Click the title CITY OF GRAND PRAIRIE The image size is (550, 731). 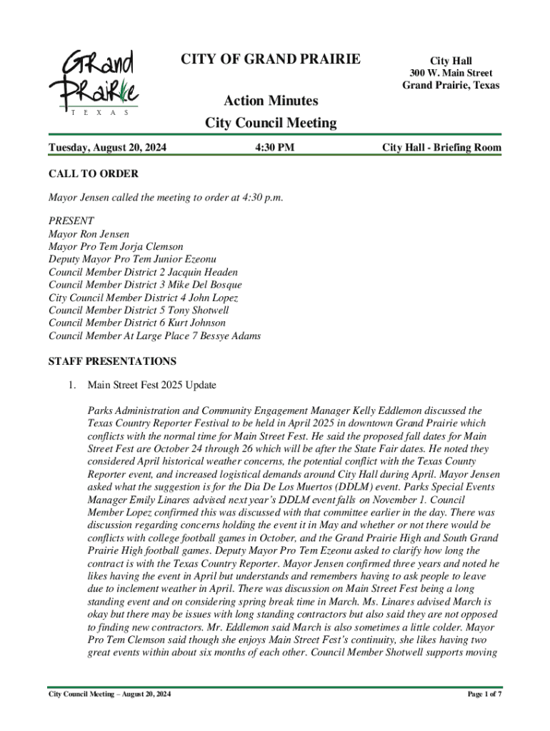(271, 59)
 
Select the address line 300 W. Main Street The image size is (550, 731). (450, 74)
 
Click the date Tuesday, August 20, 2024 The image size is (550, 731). (107, 148)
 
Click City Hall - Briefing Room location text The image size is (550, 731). (441, 148)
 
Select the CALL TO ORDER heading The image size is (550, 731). (93, 174)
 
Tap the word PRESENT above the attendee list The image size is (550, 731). (71, 221)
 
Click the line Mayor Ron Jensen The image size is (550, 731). (89, 234)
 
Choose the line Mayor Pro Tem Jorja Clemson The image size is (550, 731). (116, 247)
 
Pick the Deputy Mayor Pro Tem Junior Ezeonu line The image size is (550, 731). (132, 260)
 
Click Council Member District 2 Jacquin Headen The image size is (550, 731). (143, 272)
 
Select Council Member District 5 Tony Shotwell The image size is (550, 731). (139, 311)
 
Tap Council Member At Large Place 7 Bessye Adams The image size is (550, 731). (154, 336)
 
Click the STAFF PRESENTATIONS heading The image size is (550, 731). (111, 362)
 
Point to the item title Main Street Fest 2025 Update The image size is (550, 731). (151, 385)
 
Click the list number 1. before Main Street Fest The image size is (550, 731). (72, 385)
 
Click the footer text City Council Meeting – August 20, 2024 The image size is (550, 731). (109, 694)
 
